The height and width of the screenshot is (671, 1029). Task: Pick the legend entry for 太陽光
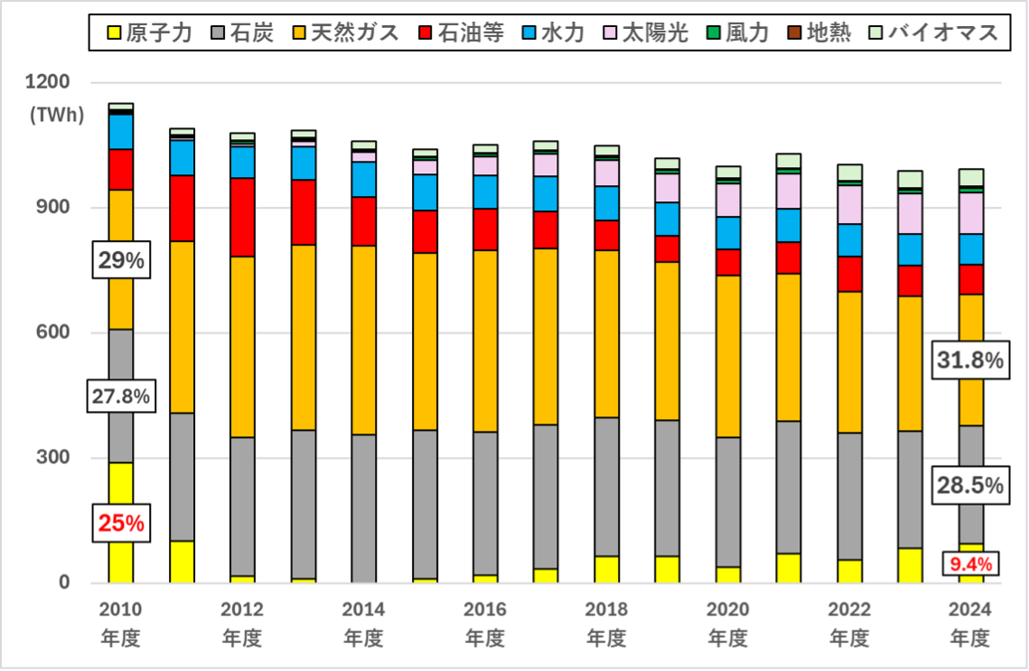point(647,34)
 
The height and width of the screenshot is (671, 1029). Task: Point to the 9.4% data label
point(970,564)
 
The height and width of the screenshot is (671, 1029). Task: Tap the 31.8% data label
point(969,361)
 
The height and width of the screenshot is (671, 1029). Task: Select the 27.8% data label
point(120,396)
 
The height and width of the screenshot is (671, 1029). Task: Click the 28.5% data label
point(969,486)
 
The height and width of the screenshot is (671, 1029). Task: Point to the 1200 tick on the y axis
point(48,82)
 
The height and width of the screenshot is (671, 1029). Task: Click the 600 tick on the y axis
point(53,332)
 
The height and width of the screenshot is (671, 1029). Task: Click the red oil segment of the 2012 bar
point(242,217)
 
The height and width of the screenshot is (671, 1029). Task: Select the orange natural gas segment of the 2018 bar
point(606,333)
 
